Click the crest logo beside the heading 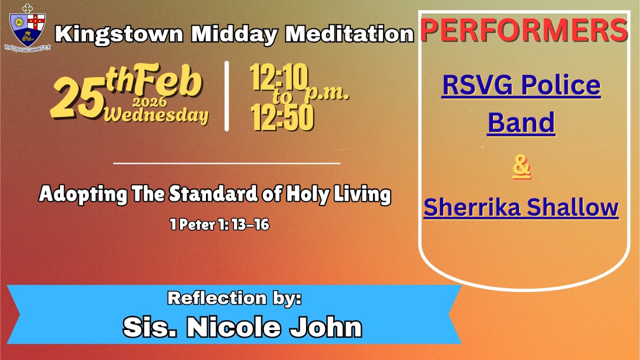click(27, 27)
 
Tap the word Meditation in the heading click(349, 34)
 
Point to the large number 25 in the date click(76, 99)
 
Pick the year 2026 click(150, 103)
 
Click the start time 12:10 click(279, 78)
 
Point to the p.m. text click(327, 93)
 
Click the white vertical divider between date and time click(226, 96)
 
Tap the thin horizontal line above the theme click(226, 163)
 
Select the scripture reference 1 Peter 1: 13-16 click(219, 225)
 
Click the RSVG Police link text click(521, 85)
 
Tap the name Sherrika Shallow click(521, 207)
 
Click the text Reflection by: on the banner click(234, 298)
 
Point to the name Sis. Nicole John click(242, 327)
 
